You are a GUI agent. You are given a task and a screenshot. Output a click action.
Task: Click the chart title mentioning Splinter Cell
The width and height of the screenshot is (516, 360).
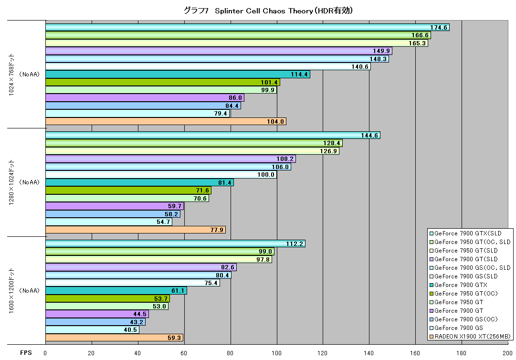(x=268, y=11)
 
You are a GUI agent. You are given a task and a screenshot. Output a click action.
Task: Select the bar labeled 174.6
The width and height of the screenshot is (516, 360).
(x=247, y=27)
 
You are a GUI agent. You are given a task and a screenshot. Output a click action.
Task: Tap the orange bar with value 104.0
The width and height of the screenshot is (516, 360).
(x=166, y=121)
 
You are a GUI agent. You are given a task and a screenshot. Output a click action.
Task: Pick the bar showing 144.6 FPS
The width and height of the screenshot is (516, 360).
(x=213, y=135)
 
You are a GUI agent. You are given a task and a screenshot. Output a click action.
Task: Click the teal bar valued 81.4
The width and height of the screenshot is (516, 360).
(x=139, y=182)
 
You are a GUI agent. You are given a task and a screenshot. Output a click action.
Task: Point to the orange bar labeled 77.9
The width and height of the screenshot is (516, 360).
(x=136, y=230)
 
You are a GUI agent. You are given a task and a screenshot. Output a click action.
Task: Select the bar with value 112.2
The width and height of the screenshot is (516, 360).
(x=175, y=244)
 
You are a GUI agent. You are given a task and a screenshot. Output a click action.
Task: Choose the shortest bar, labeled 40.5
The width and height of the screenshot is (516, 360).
(x=93, y=330)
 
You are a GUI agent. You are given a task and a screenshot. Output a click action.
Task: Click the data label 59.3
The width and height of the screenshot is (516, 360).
(x=174, y=338)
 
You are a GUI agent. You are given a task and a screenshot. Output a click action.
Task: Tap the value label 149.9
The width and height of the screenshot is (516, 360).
(x=381, y=51)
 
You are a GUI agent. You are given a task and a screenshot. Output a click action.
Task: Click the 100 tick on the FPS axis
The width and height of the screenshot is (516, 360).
(x=276, y=353)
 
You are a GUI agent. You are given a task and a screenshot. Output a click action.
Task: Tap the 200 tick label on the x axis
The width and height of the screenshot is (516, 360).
(x=507, y=353)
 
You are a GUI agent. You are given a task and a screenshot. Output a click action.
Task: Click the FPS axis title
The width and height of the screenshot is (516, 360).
(x=26, y=353)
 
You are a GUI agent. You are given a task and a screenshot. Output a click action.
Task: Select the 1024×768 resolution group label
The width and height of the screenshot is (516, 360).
(x=11, y=74)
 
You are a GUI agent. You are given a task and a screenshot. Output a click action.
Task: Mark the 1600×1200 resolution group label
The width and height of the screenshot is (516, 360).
(x=11, y=291)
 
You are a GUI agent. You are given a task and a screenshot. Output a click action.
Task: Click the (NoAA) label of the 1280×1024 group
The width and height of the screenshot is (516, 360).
(x=29, y=182)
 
